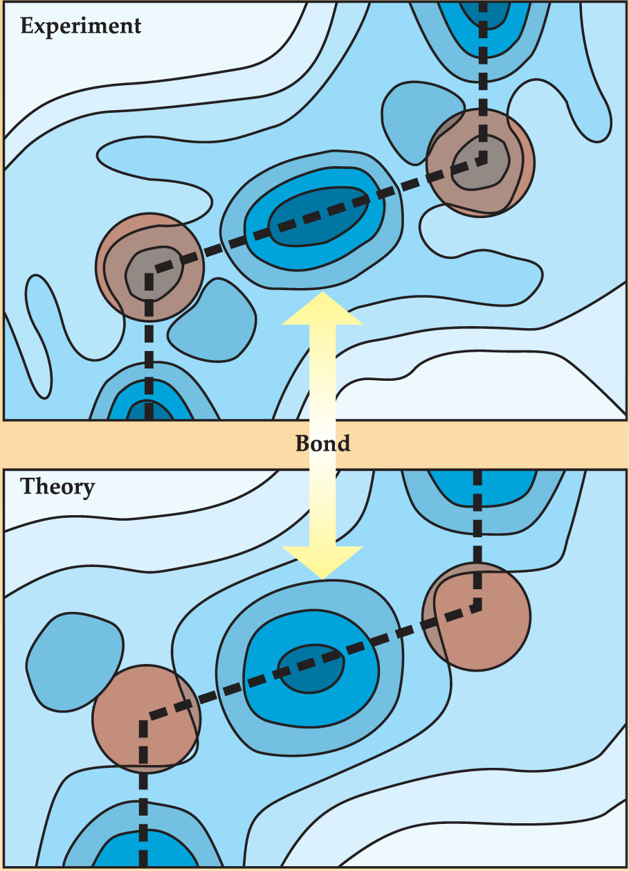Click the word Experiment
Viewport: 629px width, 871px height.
(x=81, y=26)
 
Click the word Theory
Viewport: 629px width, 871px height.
(x=57, y=487)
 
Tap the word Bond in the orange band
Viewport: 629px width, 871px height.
(x=323, y=443)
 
